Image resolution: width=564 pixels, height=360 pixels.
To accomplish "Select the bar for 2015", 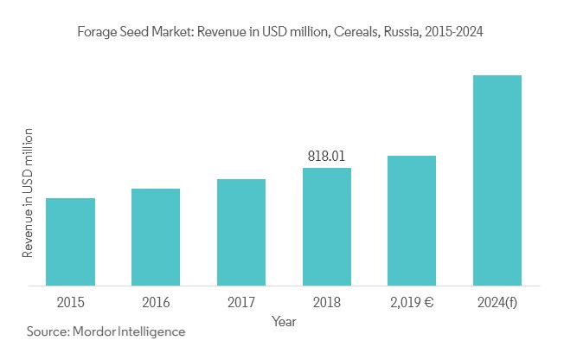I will click(x=70, y=241).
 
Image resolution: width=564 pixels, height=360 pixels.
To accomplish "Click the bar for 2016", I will click(x=156, y=236).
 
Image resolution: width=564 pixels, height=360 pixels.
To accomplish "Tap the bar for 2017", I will click(x=241, y=232).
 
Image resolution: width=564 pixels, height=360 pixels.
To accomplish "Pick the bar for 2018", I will click(x=327, y=226).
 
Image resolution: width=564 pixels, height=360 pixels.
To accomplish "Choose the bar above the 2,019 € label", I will click(x=412, y=220).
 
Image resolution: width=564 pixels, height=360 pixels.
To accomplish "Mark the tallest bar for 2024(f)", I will click(x=497, y=180).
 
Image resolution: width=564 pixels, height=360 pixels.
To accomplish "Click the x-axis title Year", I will click(x=284, y=321).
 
